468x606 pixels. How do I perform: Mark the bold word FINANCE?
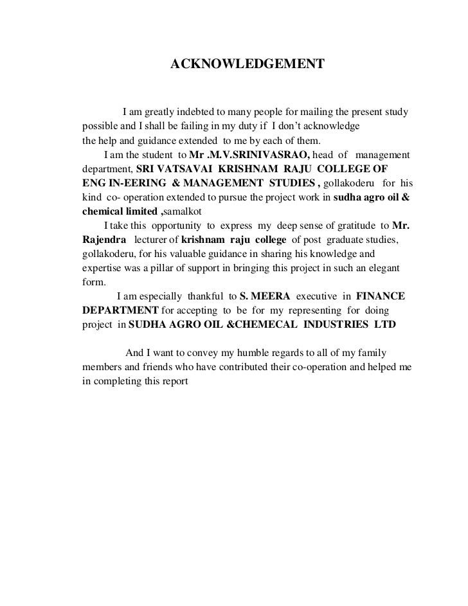click(x=381, y=296)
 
